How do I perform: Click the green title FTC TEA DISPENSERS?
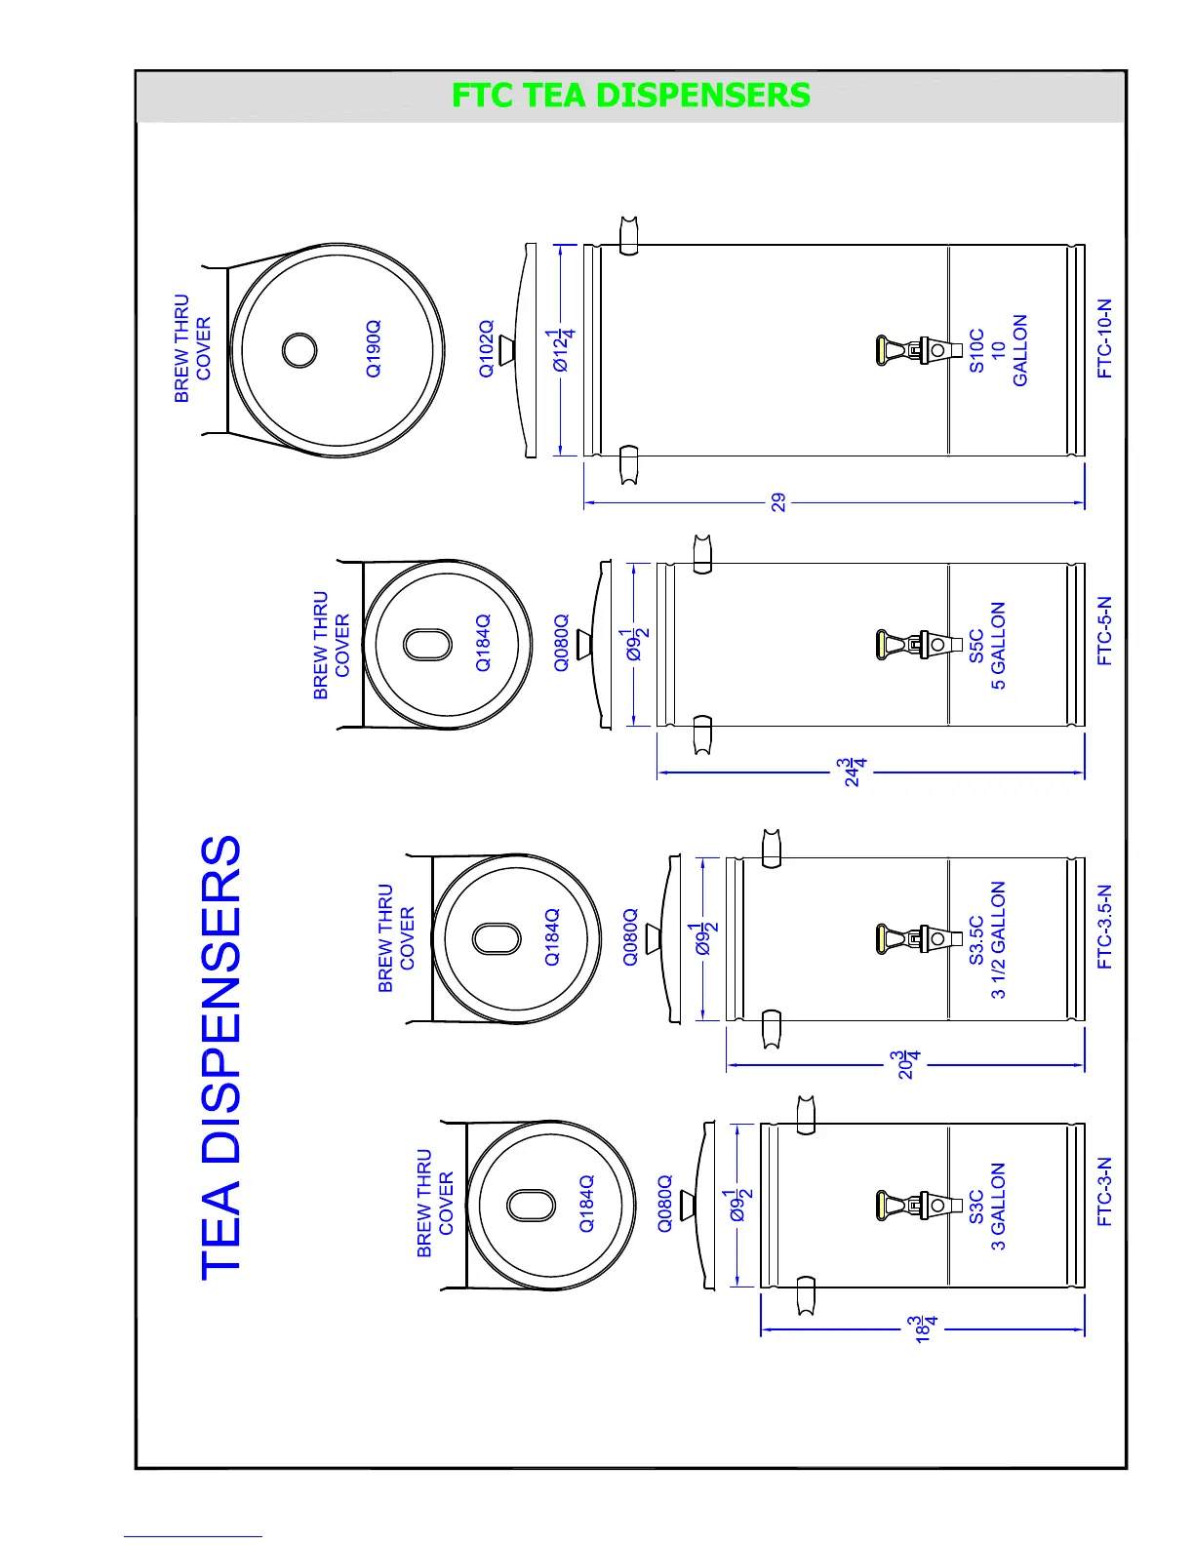630,96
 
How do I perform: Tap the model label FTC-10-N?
1104,338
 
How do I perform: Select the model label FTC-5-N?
1104,631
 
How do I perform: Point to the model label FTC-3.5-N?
1104,927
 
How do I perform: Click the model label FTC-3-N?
1104,1192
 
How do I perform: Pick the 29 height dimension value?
778,502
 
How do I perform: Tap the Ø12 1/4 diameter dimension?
563,350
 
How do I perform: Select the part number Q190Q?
374,348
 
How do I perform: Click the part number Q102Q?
486,348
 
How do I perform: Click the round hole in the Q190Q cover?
299,349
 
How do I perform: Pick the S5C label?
976,646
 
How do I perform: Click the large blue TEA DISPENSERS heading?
221,1057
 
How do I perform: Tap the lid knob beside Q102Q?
506,350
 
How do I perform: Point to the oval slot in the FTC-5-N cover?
427,645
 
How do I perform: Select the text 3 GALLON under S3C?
998,1207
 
